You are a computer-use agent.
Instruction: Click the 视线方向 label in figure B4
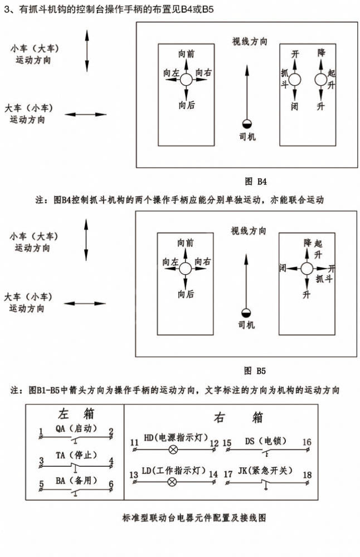click(x=250, y=41)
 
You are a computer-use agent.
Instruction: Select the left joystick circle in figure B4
click(x=186, y=80)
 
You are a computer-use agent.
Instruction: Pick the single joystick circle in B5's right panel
click(x=307, y=268)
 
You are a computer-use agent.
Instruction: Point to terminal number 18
click(x=307, y=475)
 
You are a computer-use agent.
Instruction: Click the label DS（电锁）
click(x=266, y=441)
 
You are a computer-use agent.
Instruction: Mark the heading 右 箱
click(x=239, y=417)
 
